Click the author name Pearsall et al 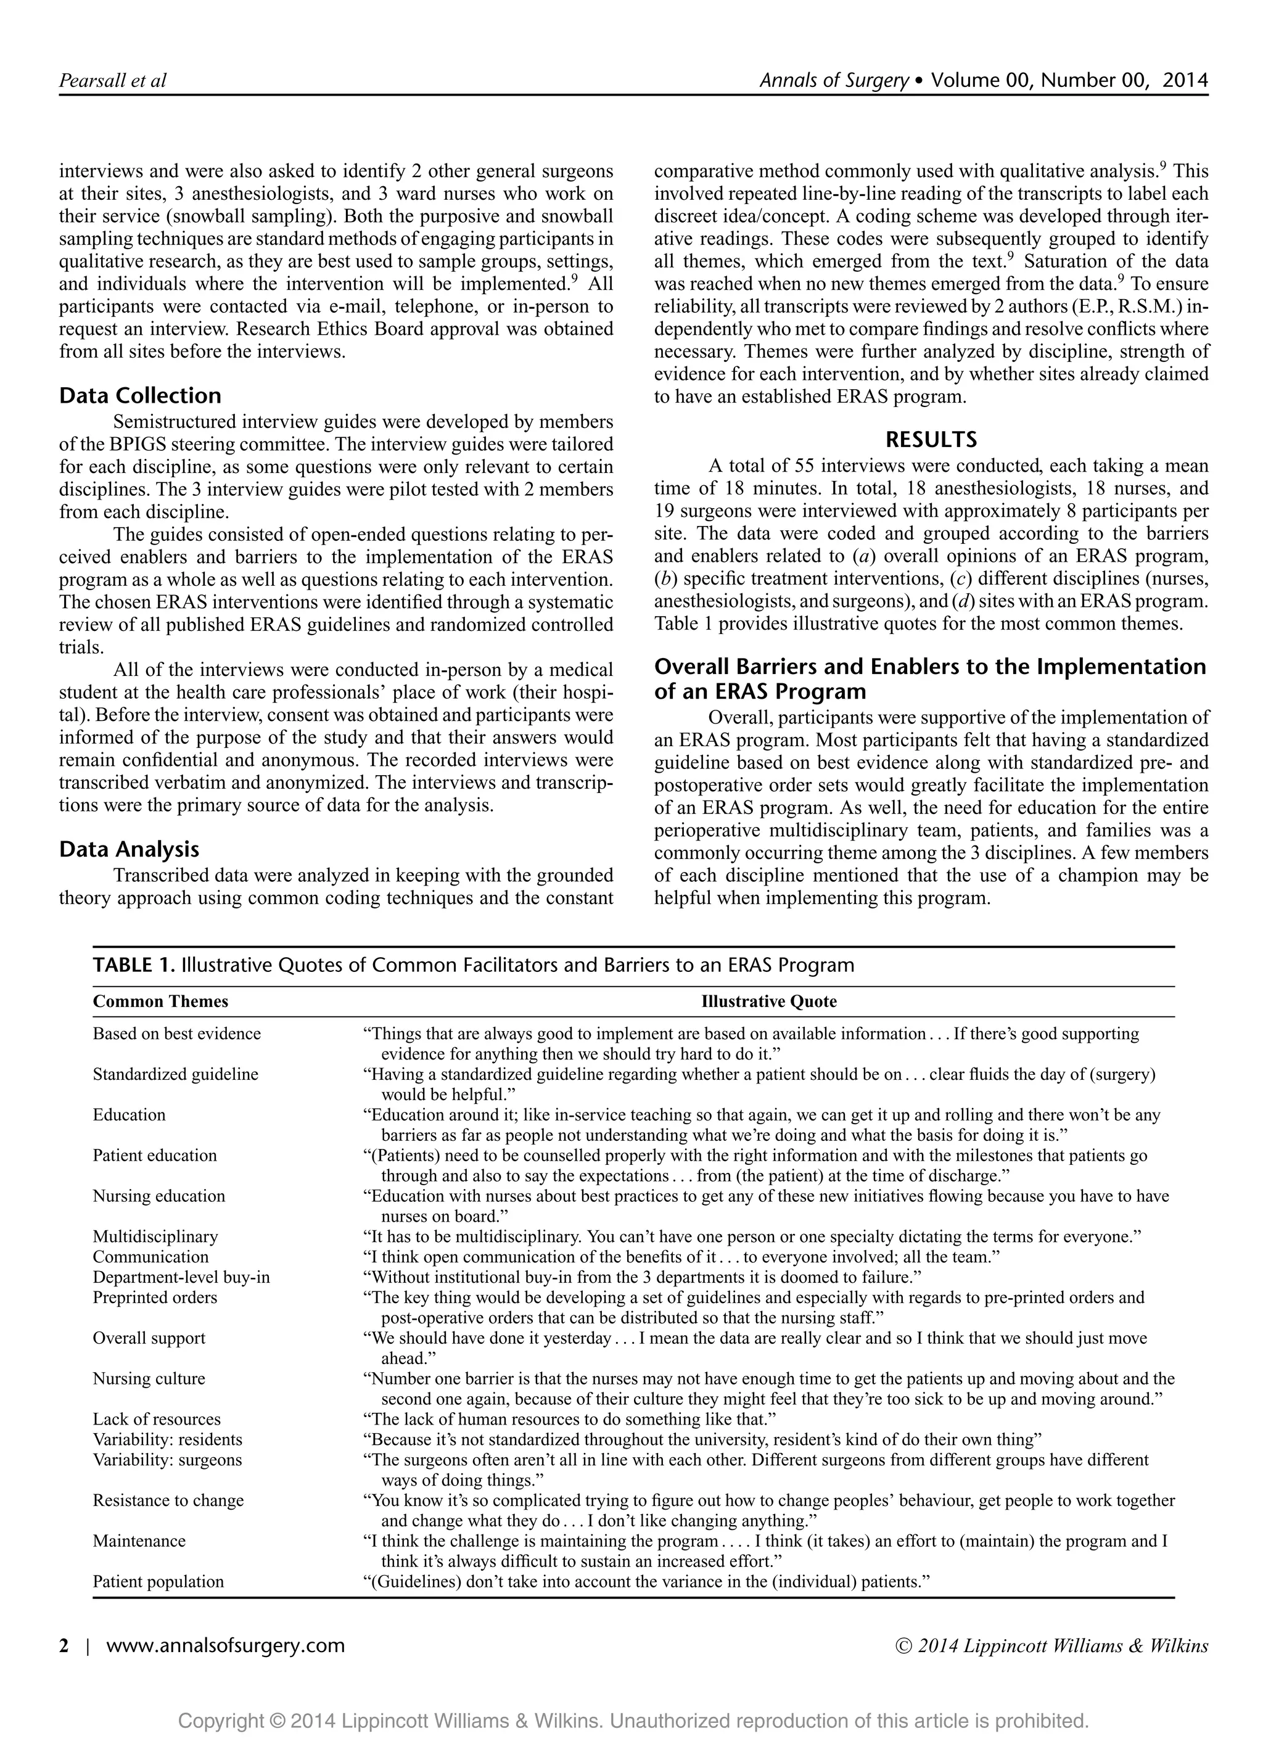tap(113, 80)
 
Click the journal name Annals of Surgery tap(834, 80)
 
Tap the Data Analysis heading tap(129, 849)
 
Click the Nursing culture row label tap(149, 1378)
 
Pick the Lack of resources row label tap(157, 1419)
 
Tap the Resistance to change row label tap(168, 1500)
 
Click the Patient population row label tap(158, 1581)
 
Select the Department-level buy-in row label tap(181, 1277)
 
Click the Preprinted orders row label tap(155, 1297)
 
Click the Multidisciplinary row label tap(155, 1236)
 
